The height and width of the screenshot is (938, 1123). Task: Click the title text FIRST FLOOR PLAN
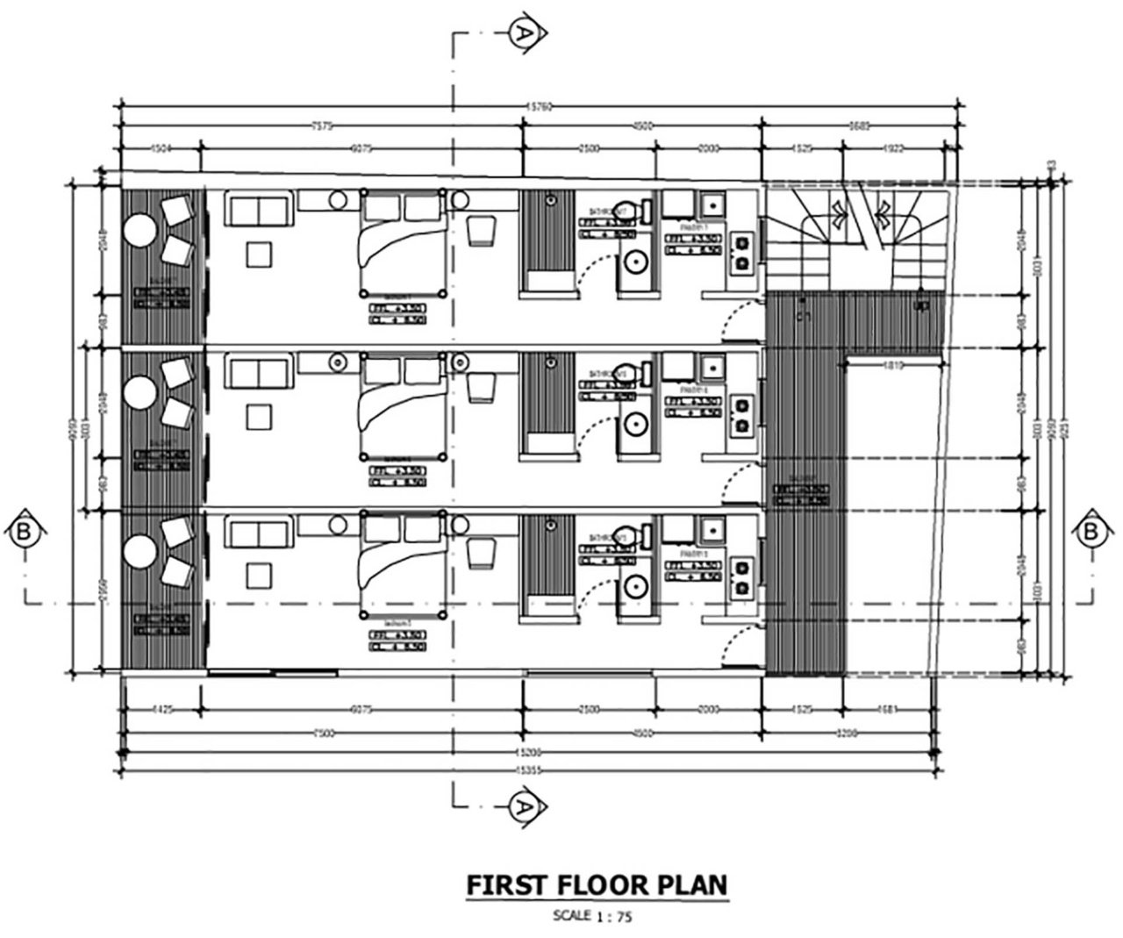coord(596,885)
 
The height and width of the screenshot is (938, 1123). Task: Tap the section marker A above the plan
coord(522,33)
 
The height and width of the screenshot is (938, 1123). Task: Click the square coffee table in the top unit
coord(259,255)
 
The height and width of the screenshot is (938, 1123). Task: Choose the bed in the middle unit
coord(403,405)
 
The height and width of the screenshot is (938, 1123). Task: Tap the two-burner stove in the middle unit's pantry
coord(742,415)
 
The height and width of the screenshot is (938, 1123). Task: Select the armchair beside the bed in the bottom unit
coord(481,553)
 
